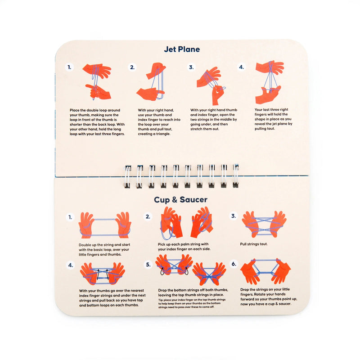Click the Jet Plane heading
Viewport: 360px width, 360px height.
coord(182,49)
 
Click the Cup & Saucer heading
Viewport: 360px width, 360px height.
coord(182,199)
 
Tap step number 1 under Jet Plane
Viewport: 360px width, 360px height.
coord(69,67)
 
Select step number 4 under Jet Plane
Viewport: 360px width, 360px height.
coord(241,67)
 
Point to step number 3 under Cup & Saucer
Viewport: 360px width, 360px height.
coord(234,216)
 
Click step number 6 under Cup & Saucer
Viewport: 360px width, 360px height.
coord(234,264)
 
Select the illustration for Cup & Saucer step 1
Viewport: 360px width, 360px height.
coord(105,225)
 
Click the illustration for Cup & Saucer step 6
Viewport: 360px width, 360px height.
coord(265,271)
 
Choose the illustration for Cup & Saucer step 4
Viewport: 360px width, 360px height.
coord(103,274)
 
